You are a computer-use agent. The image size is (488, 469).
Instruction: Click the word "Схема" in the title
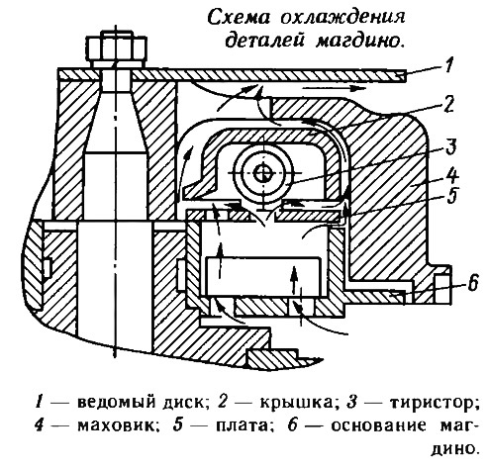(x=240, y=18)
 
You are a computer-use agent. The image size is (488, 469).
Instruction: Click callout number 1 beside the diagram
(x=447, y=64)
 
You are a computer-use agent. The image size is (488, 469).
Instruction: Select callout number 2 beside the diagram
(x=448, y=104)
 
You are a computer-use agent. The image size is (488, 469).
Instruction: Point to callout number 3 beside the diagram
(x=450, y=146)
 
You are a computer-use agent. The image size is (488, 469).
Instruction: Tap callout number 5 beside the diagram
(x=450, y=196)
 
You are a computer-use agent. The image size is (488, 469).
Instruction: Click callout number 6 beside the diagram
(x=472, y=282)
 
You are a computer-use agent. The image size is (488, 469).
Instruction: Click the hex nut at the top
(x=116, y=47)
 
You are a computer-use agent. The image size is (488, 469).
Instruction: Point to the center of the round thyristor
(x=263, y=173)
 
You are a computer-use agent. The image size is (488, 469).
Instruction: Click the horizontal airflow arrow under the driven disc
(x=335, y=88)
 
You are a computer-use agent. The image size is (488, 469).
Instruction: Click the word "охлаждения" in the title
(x=342, y=18)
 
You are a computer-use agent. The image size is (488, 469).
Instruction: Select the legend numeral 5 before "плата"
(x=178, y=425)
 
